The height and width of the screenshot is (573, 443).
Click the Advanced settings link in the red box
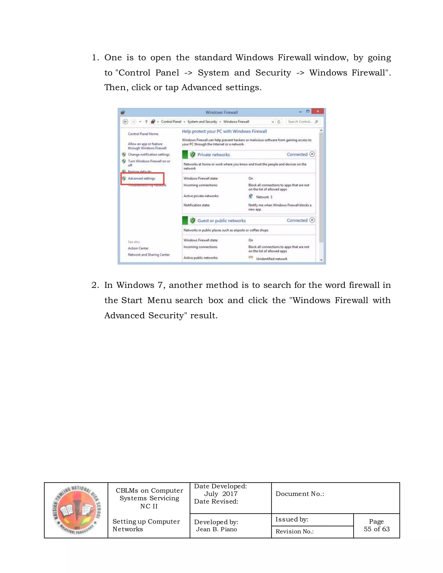pos(141,178)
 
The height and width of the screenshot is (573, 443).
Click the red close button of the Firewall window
pos(318,111)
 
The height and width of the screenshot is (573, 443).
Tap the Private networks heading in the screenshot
pos(213,155)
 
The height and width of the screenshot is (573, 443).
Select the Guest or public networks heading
pos(221,221)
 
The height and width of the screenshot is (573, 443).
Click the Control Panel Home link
pos(143,134)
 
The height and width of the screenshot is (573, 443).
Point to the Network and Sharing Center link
pos(149,254)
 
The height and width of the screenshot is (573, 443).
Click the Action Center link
pos(138,248)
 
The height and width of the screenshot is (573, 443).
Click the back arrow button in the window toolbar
pos(125,122)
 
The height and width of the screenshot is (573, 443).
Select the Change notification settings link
pos(149,155)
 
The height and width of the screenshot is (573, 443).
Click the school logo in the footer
pos(76,510)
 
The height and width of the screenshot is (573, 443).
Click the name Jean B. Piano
pos(216,529)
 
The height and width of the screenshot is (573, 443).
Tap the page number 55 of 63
pos(376,529)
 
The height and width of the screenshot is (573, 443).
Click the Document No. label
pos(300,494)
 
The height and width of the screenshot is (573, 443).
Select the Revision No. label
pos(294,531)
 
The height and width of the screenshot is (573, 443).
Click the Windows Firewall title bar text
pos(221,112)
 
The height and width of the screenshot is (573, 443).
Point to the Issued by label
pos(292,519)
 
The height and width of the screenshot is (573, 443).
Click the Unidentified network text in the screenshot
pos(271,259)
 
